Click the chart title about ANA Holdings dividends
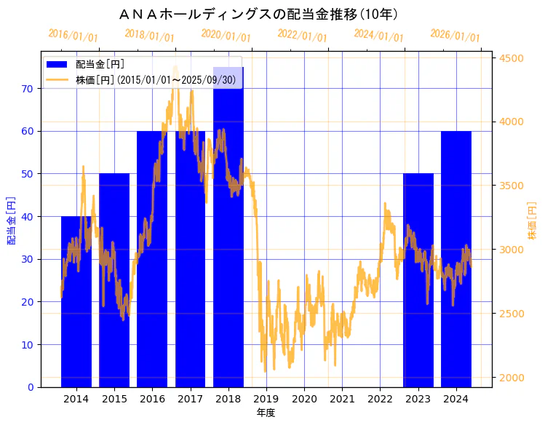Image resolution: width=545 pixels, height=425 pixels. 258,15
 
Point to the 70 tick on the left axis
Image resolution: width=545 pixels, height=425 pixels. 28,89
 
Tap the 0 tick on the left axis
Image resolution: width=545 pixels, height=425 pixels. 31,387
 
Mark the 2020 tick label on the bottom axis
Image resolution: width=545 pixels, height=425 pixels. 304,399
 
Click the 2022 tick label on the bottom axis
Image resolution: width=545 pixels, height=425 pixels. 380,399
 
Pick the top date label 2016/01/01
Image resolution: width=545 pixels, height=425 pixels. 73,36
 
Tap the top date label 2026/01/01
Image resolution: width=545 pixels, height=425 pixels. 455,36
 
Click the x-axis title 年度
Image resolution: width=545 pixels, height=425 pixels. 266,413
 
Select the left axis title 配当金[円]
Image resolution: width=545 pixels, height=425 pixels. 11,220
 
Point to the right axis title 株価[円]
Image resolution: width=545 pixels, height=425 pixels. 532,221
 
